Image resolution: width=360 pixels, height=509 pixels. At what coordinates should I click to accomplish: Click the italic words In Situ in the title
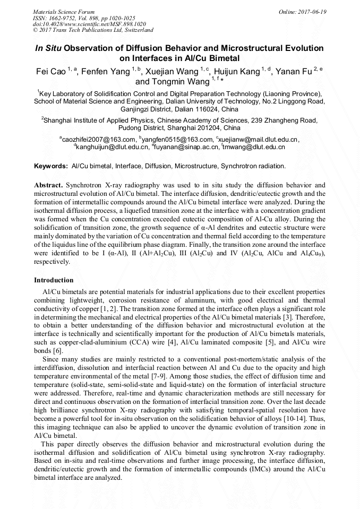[x=48, y=48]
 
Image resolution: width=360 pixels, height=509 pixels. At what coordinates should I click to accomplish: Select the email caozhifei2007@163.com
[x=98, y=139]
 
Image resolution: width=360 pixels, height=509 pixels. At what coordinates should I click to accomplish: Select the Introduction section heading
[x=54, y=280]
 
